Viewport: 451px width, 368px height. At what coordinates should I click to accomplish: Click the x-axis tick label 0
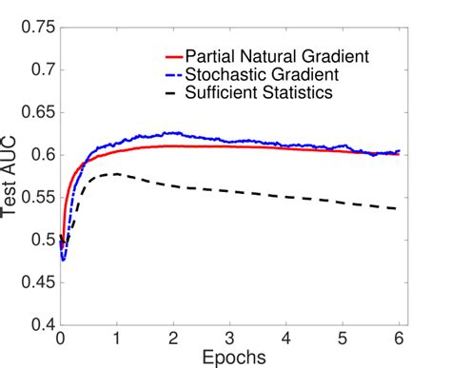[x=60, y=339]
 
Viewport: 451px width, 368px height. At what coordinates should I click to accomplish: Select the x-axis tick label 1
[x=116, y=339]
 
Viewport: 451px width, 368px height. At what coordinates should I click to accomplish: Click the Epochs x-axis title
[x=228, y=358]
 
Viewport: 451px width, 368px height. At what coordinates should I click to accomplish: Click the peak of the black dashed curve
[x=116, y=174]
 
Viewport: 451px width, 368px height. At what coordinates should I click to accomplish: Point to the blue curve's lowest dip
[x=63, y=259]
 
